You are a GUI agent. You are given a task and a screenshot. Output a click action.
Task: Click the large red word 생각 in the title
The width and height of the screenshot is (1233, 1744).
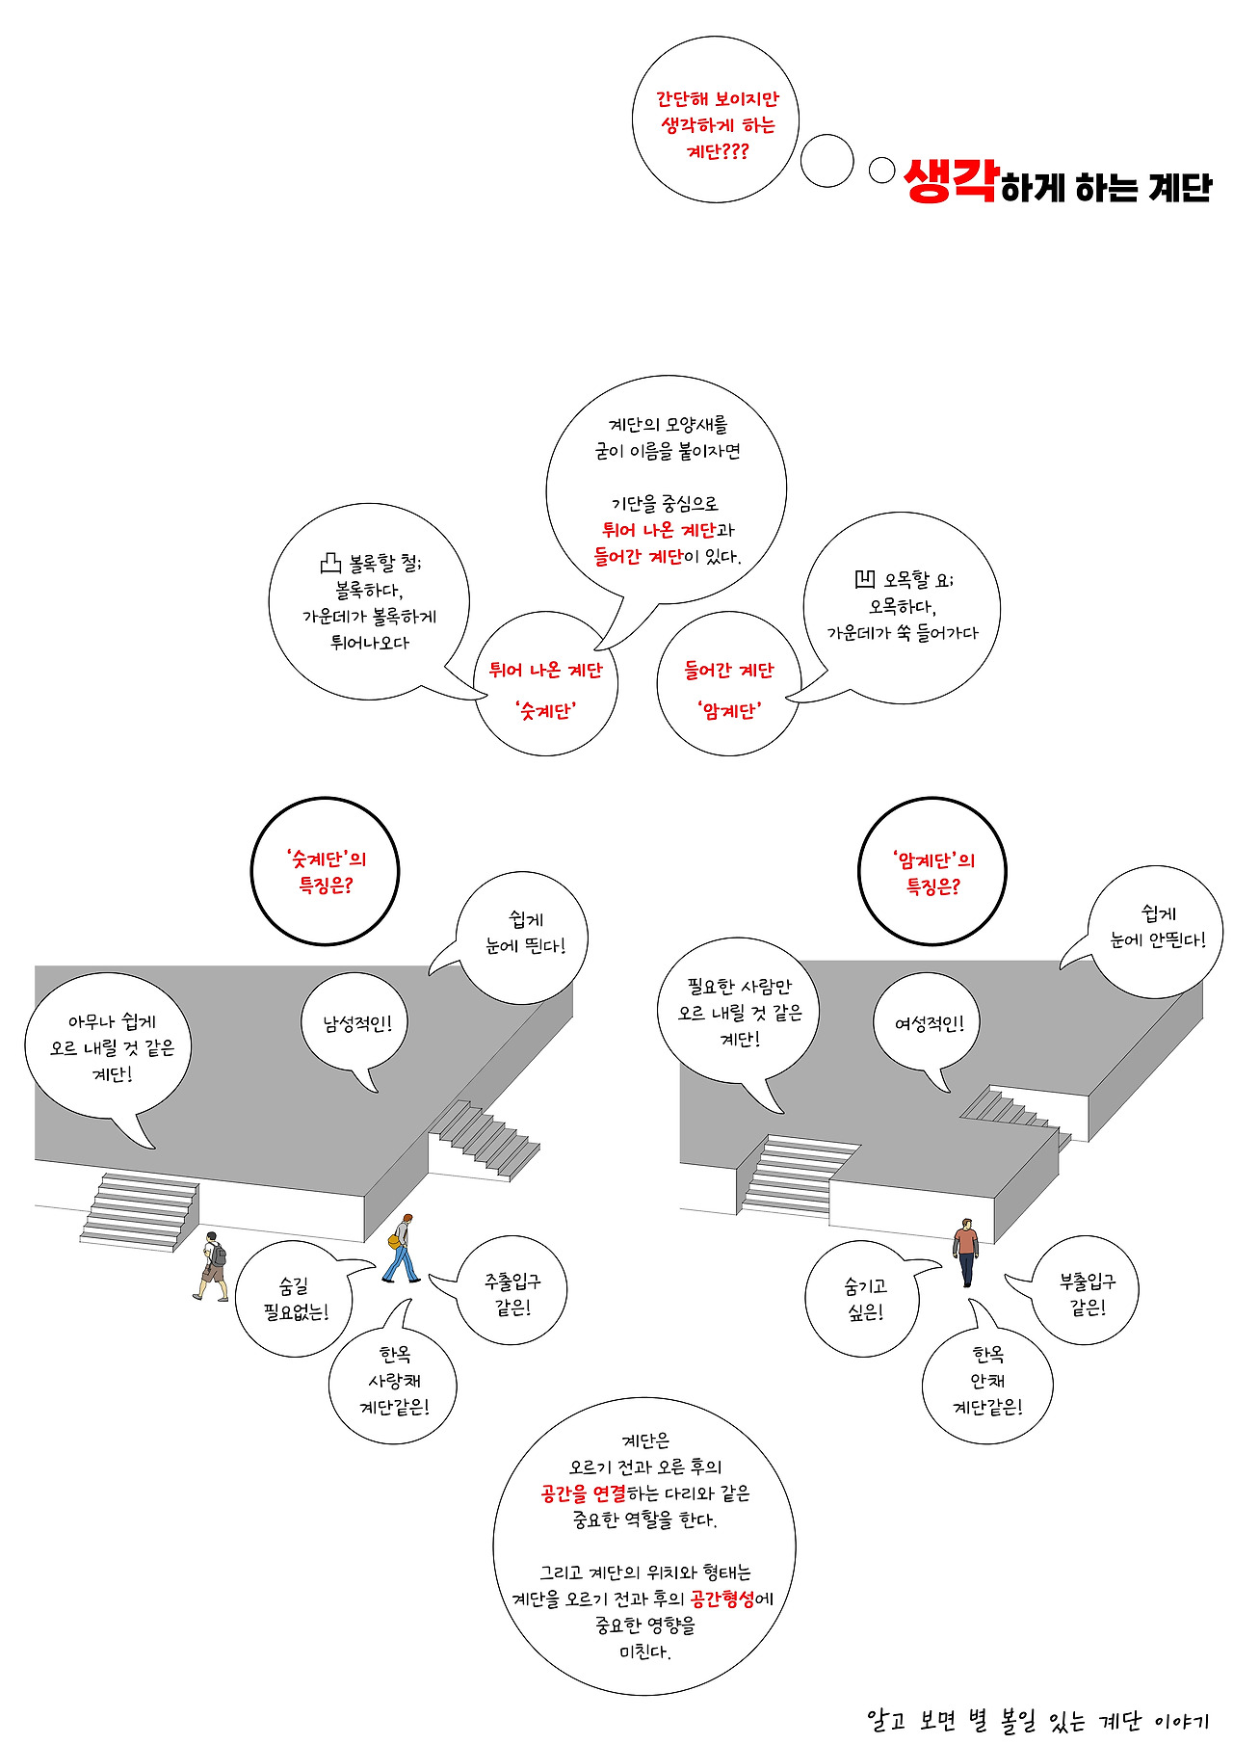(x=952, y=181)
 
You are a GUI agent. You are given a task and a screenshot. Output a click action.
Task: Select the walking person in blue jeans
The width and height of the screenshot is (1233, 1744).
(x=402, y=1249)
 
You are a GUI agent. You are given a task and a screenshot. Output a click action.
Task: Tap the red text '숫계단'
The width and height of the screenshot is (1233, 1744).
(x=545, y=711)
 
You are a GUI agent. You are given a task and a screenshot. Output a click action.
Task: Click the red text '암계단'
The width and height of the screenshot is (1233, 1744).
(x=729, y=711)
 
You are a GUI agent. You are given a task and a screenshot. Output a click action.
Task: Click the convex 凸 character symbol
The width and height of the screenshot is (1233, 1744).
(x=330, y=563)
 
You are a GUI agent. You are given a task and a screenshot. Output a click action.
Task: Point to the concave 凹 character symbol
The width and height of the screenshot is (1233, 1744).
(x=865, y=579)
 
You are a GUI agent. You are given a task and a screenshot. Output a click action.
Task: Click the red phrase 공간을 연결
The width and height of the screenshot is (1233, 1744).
(x=583, y=1493)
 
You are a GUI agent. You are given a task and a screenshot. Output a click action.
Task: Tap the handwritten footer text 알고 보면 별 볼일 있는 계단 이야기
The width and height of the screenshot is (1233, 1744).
(x=1037, y=1720)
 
